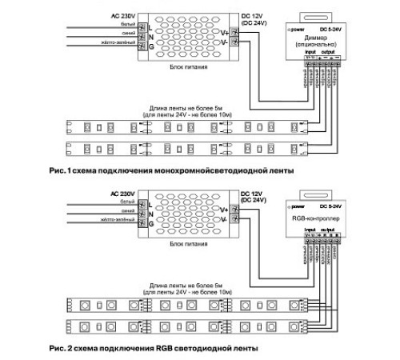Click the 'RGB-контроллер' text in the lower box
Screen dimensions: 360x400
(318, 216)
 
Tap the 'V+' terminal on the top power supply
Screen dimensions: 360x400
(226, 32)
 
